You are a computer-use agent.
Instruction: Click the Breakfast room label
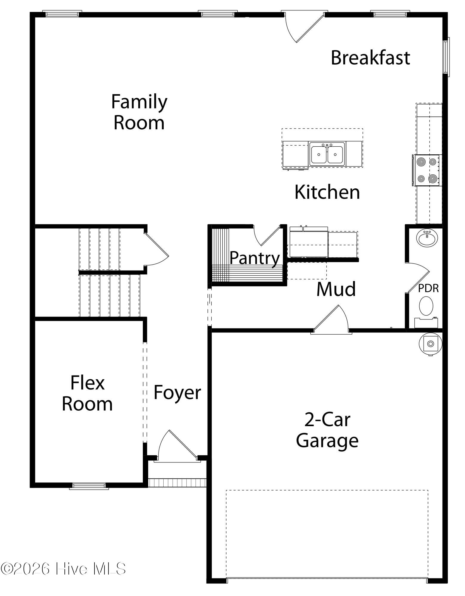pos(370,58)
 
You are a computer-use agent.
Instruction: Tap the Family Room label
pos(139,112)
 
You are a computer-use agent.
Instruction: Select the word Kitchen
pos(327,192)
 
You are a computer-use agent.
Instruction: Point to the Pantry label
pos(255,258)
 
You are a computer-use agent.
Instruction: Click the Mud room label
pos(336,289)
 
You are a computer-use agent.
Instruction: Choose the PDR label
pos(428,288)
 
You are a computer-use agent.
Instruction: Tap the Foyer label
pos(177,393)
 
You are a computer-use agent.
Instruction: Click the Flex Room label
pos(87,393)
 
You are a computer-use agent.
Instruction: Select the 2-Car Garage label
pos(327,430)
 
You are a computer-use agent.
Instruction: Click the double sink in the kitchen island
pos(327,154)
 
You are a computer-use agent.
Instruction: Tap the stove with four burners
pos(427,170)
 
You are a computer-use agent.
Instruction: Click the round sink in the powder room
pos(427,238)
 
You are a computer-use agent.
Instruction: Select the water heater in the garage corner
pos(430,344)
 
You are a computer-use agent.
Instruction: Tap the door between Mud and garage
pos(331,319)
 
